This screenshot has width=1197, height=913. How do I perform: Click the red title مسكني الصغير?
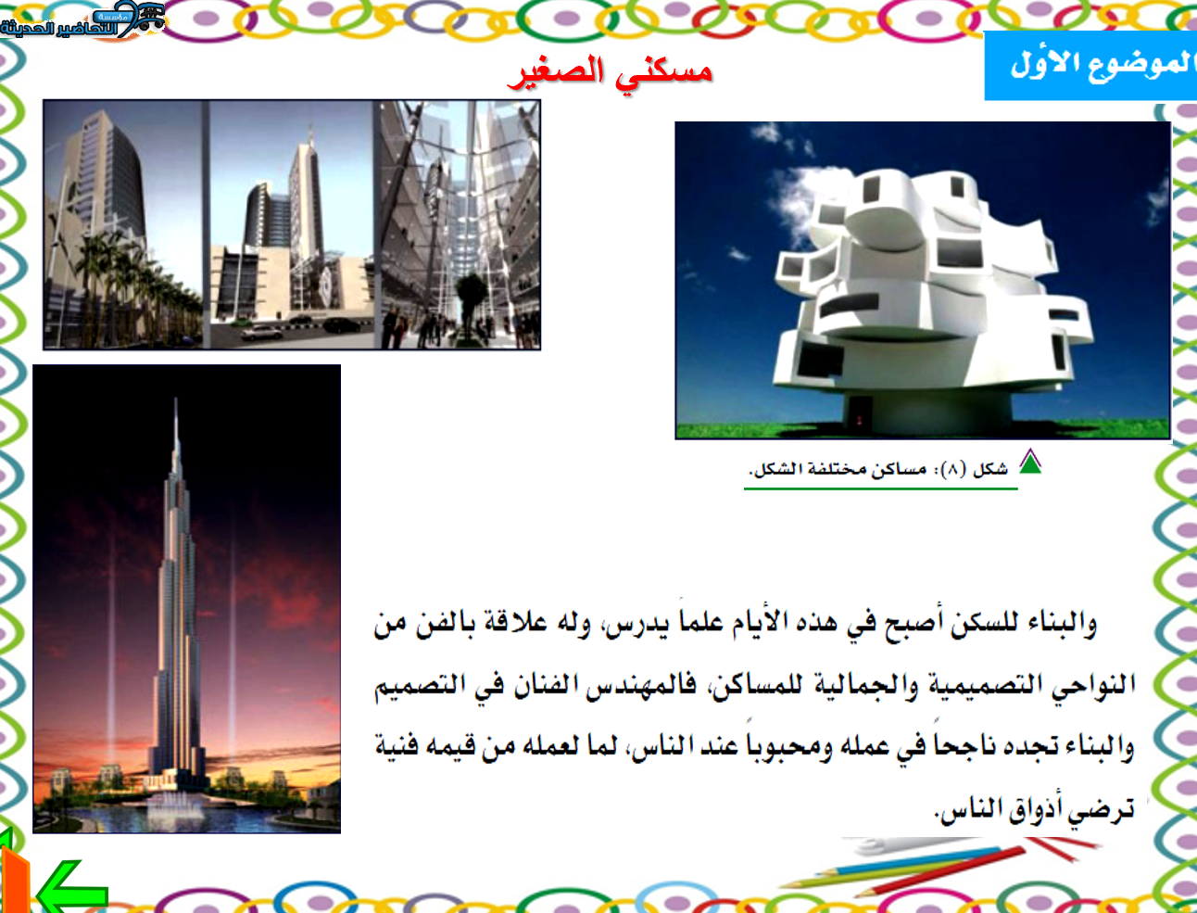coord(610,73)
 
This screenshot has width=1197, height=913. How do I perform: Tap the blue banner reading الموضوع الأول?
coord(1090,66)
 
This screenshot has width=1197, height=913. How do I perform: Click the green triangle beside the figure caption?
coord(1030,462)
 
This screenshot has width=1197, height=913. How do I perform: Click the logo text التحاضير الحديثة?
coord(59,27)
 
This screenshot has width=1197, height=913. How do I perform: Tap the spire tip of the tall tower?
coord(176,399)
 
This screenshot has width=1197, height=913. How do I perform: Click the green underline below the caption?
coord(881,488)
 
